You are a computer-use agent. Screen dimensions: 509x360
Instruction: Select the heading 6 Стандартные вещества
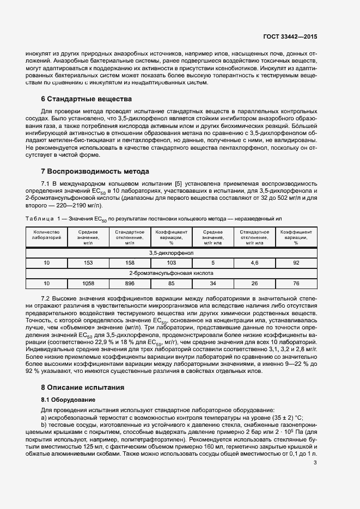(x=87, y=99)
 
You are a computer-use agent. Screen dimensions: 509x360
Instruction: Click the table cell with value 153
(x=88, y=263)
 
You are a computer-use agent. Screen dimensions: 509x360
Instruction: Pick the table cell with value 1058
(x=88, y=284)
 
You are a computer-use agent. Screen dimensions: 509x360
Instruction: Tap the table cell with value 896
(x=130, y=284)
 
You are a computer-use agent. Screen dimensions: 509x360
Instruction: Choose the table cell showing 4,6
(x=254, y=263)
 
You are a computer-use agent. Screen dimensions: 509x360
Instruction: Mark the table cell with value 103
(x=171, y=263)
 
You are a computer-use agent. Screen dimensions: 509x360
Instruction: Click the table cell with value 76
(x=296, y=284)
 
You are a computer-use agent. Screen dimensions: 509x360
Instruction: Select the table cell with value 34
(x=212, y=284)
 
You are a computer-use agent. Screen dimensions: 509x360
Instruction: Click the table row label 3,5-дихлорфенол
(x=171, y=253)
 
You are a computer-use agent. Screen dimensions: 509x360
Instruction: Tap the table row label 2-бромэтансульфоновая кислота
(x=171, y=273)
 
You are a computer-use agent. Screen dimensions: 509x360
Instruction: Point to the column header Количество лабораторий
(x=46, y=235)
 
